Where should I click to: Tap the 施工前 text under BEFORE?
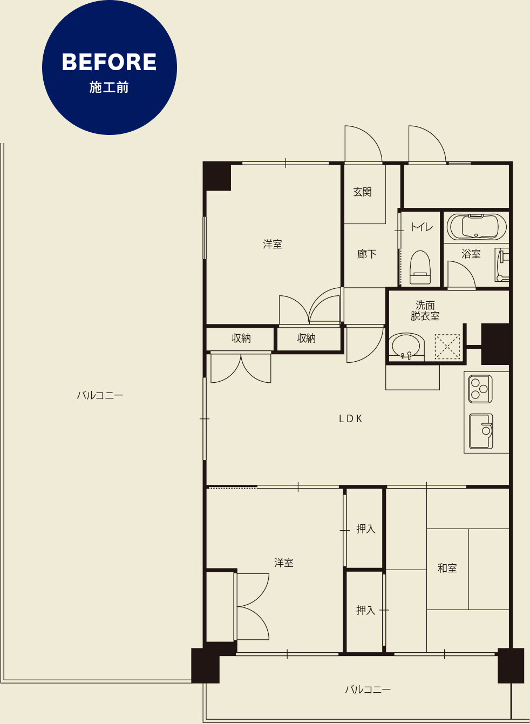pyautogui.click(x=109, y=87)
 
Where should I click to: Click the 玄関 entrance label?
pyautogui.click(x=362, y=192)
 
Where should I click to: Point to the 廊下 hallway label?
pyautogui.click(x=367, y=254)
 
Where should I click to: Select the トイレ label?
pyautogui.click(x=422, y=227)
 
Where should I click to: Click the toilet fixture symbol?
pyautogui.click(x=420, y=267)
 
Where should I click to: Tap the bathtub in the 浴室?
pyautogui.click(x=477, y=227)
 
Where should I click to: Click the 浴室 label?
pyautogui.click(x=471, y=254)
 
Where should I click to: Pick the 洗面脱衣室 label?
pyautogui.click(x=425, y=310)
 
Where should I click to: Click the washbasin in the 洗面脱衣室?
pyautogui.click(x=406, y=347)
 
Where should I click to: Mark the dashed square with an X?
pyautogui.click(x=447, y=347)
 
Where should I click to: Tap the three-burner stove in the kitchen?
pyautogui.click(x=480, y=389)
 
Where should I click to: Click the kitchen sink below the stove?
pyautogui.click(x=481, y=431)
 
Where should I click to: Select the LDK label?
pyautogui.click(x=351, y=419)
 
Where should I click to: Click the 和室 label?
pyautogui.click(x=447, y=568)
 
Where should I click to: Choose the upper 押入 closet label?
pyautogui.click(x=366, y=529)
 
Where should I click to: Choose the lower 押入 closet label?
pyautogui.click(x=366, y=610)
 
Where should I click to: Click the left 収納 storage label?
pyautogui.click(x=241, y=338)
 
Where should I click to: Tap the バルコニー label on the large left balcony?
pyautogui.click(x=100, y=395)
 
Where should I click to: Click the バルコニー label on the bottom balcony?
pyautogui.click(x=368, y=689)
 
